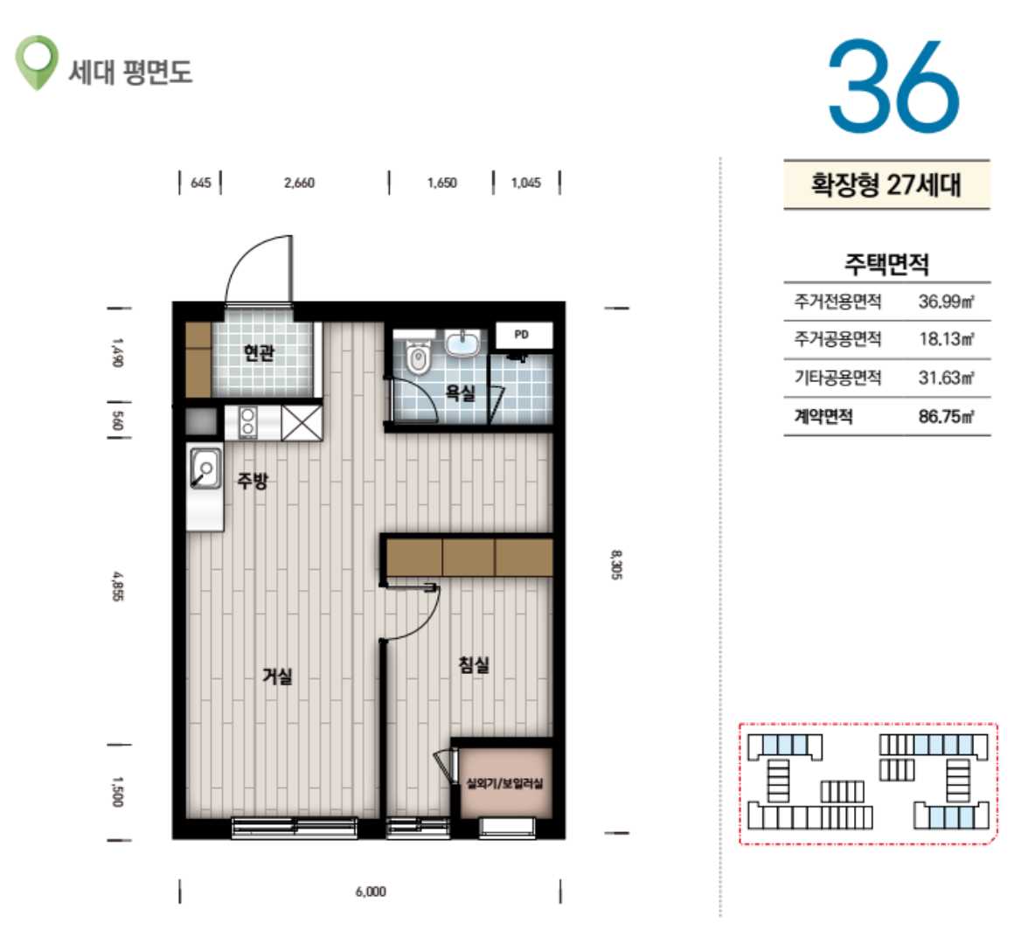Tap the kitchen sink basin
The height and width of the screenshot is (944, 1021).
click(205, 468)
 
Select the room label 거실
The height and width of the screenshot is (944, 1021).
click(277, 676)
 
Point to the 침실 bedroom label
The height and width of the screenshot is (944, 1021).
click(474, 664)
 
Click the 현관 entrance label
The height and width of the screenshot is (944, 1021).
click(259, 353)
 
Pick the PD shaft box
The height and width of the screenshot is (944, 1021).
click(524, 336)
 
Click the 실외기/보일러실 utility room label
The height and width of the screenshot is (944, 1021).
click(504, 783)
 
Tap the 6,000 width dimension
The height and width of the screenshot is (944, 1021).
click(371, 892)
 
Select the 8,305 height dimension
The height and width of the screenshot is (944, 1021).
click(616, 565)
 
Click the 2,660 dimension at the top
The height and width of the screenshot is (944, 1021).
click(299, 183)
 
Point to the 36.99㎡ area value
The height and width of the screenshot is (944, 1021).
click(946, 302)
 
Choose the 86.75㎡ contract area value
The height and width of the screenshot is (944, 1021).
click(946, 417)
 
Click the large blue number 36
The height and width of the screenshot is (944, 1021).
click(893, 85)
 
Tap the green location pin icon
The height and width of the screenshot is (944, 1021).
click(37, 62)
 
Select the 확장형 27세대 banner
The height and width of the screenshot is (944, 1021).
click(886, 184)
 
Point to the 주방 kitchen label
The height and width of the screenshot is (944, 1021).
click(252, 481)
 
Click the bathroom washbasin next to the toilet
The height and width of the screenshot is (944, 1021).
click(463, 344)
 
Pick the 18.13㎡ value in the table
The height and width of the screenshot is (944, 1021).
click(946, 339)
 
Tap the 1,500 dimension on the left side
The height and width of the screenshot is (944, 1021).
click(116, 792)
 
